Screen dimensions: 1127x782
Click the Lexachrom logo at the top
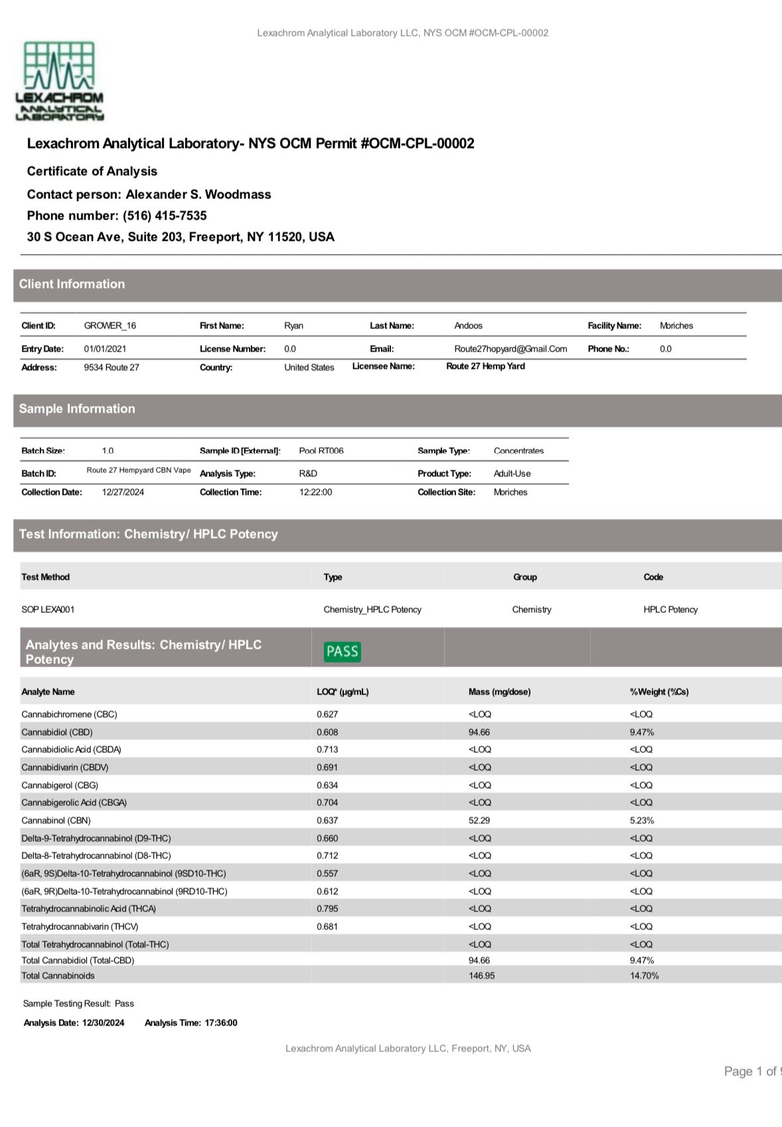coord(59,81)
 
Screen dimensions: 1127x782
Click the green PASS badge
coord(343,651)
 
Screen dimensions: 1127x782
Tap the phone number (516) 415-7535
coord(165,216)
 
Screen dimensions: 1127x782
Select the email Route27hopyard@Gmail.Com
coord(510,349)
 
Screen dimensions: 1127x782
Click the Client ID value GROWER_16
coord(110,326)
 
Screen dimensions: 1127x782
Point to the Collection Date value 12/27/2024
coord(123,492)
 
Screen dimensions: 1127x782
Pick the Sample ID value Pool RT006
coord(321,451)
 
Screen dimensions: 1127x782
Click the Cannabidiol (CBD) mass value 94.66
coord(479,732)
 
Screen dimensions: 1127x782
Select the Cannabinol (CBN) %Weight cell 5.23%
coord(642,821)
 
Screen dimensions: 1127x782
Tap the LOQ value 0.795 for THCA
coord(327,909)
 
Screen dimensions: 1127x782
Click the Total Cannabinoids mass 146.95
coord(481,976)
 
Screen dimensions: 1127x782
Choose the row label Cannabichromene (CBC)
coord(69,714)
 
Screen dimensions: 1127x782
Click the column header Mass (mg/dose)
coord(499,692)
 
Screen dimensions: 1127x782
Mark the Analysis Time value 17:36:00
coord(221,1023)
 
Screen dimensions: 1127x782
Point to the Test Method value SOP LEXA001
coord(48,610)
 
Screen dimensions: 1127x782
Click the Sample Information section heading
coord(77,409)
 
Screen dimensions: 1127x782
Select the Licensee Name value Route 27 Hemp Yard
coord(485,366)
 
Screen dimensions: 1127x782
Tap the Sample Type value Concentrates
coord(518,451)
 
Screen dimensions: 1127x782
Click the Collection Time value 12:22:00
coord(315,492)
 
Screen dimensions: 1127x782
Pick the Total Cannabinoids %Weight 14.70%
coord(644,976)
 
